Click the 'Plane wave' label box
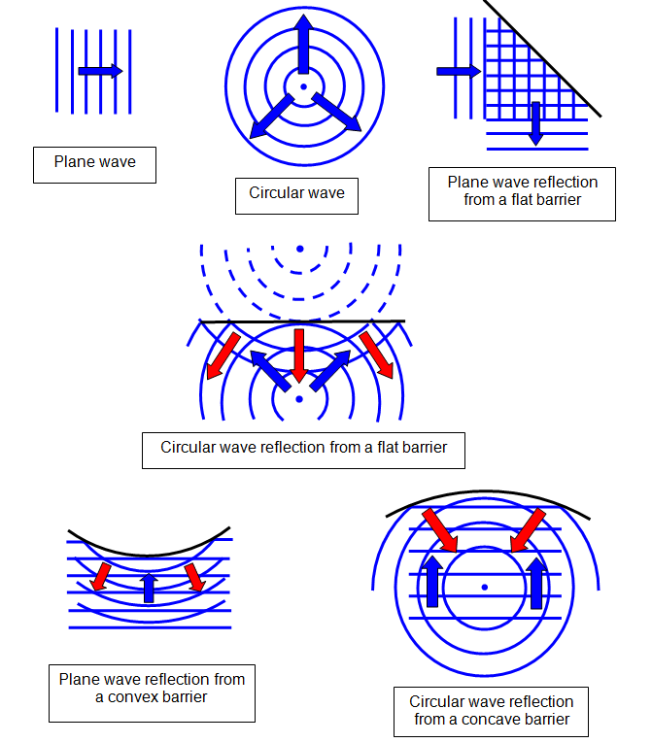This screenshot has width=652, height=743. pyautogui.click(x=94, y=163)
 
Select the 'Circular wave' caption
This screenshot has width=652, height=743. pyautogui.click(x=296, y=193)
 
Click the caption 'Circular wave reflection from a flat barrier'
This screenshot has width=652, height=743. pyautogui.click(x=302, y=449)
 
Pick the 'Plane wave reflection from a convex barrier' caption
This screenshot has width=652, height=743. pyautogui.click(x=152, y=689)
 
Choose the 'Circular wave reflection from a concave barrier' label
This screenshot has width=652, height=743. pyautogui.click(x=491, y=710)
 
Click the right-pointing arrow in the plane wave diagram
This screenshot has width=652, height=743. pyautogui.click(x=100, y=71)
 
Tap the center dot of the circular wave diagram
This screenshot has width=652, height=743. pyautogui.click(x=303, y=87)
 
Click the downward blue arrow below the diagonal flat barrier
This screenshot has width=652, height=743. pyautogui.click(x=534, y=123)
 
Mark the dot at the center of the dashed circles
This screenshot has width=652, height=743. pyautogui.click(x=300, y=248)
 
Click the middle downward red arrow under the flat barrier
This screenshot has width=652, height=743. pyautogui.click(x=299, y=355)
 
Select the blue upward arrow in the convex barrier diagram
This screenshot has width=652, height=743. pyautogui.click(x=149, y=587)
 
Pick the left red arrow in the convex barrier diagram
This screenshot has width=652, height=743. pyautogui.click(x=100, y=576)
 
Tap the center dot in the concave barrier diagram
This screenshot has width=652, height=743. pyautogui.click(x=484, y=587)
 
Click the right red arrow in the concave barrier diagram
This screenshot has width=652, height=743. pyautogui.click(x=529, y=532)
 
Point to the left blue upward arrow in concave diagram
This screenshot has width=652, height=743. pyautogui.click(x=431, y=581)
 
